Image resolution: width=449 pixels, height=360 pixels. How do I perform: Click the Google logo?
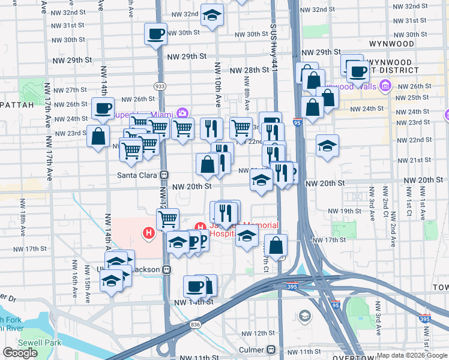pyautogui.click(x=20, y=353)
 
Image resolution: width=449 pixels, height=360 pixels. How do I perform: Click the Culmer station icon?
pyautogui.click(x=272, y=349)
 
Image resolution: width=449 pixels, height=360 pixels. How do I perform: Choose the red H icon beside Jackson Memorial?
pyautogui.click(x=200, y=227)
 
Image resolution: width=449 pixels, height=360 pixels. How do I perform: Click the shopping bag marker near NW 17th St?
pyautogui.click(x=276, y=245)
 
